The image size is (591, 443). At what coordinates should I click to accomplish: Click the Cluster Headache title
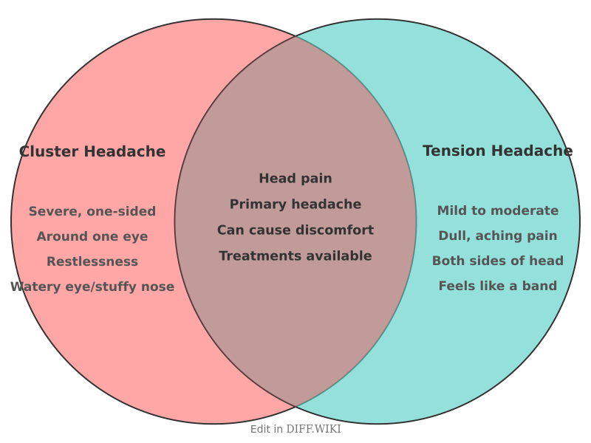coord(92,151)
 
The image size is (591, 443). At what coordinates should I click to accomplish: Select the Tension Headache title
coord(497,151)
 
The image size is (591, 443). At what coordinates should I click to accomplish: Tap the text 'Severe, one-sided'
coord(92,211)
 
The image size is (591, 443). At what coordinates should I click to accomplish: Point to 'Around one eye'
coord(92,236)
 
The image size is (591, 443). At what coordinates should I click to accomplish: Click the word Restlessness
coord(92,261)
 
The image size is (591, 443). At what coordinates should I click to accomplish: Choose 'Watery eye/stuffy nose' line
coord(92,286)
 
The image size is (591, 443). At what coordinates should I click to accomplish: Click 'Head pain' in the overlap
coord(295,179)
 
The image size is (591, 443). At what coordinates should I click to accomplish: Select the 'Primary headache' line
coord(295,205)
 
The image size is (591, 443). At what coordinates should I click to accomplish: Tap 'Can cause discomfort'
coord(295,230)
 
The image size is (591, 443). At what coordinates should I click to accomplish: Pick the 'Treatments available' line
coord(295,256)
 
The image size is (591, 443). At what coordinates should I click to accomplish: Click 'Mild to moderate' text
coord(498,210)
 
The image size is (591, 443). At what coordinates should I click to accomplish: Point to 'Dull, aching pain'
coord(498,236)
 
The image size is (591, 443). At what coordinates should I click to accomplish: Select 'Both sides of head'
coord(498,261)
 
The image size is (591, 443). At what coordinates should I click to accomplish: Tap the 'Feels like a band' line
coord(498,286)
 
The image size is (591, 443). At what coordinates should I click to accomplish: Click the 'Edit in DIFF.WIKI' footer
coord(295,429)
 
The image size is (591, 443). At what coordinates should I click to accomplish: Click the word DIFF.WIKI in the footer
coord(313,429)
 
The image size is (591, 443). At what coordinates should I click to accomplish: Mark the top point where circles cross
coord(295,35)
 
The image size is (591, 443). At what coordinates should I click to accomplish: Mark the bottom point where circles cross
coord(295,407)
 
